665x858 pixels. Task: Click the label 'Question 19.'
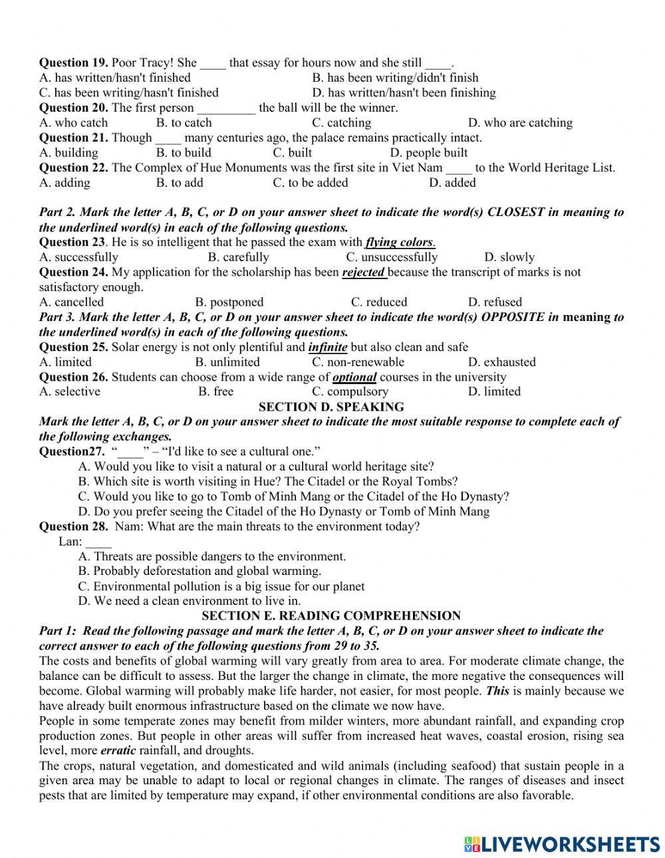pos(73,63)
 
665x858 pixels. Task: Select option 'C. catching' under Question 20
pos(341,123)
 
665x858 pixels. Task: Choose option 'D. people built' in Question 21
pos(428,153)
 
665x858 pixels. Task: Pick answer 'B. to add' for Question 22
pos(180,183)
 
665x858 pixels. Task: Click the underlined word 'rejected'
pos(363,272)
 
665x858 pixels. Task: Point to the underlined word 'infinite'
pos(328,347)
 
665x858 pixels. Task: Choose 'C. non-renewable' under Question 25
pos(358,362)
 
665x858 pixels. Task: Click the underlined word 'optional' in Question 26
pos(354,377)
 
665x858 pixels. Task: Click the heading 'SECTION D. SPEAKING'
pos(331,407)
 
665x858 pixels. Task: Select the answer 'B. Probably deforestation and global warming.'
pos(199,571)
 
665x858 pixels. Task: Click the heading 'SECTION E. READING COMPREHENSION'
pos(331,616)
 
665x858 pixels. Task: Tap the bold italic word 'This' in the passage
pos(497,691)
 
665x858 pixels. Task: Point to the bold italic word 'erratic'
pos(118,750)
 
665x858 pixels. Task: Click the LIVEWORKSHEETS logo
pos(562,843)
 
